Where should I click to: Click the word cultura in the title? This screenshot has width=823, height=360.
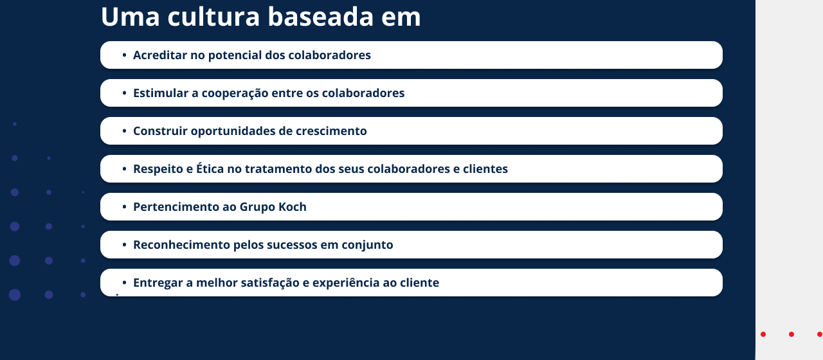tap(213, 17)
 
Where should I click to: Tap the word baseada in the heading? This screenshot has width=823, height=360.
tap(321, 17)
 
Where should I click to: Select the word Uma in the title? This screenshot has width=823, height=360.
tap(131, 17)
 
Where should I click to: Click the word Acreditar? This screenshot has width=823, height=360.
tap(160, 55)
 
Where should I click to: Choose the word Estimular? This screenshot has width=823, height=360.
tap(161, 93)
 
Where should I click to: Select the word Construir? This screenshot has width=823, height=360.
tap(160, 130)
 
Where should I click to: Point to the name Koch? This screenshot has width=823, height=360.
tap(293, 207)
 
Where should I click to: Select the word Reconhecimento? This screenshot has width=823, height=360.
tap(181, 245)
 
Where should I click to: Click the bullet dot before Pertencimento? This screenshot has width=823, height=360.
tap(124, 207)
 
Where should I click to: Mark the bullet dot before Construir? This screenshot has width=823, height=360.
tap(124, 130)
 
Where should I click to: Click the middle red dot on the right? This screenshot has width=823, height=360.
tap(791, 334)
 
